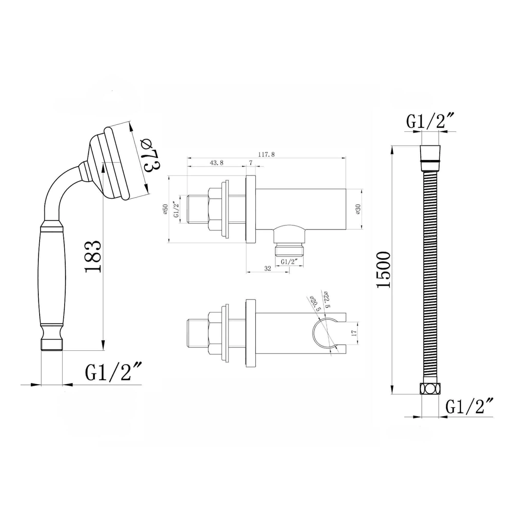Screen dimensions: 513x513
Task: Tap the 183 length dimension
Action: point(93,256)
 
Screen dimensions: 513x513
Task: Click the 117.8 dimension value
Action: point(266,154)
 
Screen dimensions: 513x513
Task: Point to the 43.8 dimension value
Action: point(217,163)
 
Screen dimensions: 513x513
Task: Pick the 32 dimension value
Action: point(268,269)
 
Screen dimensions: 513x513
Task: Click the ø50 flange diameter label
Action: point(165,209)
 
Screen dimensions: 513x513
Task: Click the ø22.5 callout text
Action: point(326,299)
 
